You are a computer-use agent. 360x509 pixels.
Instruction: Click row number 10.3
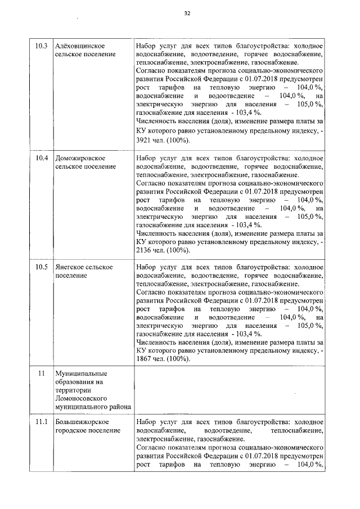41,46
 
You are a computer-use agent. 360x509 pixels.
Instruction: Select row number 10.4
41,158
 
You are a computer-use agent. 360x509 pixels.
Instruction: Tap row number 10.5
41,267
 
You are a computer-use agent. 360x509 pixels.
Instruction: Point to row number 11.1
41,422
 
